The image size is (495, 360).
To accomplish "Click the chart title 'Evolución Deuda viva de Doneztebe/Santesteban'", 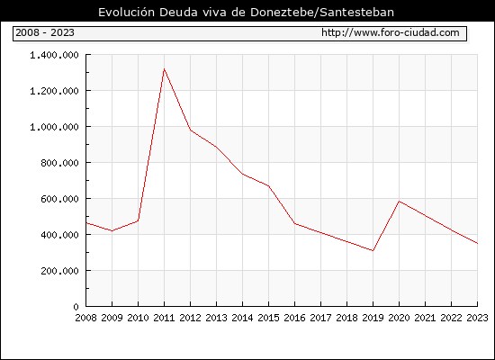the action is pyautogui.click(x=246, y=12).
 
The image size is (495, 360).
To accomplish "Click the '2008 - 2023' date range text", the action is pyautogui.click(x=45, y=32).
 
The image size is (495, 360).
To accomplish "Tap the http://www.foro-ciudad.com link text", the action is pyautogui.click(x=391, y=32).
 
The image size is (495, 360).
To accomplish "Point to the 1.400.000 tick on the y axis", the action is pyautogui.click(x=54, y=55).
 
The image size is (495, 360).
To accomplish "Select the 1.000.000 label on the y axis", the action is pyautogui.click(x=54, y=127).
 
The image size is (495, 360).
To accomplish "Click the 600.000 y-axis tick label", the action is pyautogui.click(x=59, y=199).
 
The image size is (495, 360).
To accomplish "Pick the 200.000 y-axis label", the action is pyautogui.click(x=59, y=271).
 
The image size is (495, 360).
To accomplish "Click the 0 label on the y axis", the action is pyautogui.click(x=76, y=307).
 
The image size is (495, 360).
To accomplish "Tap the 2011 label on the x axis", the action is pyautogui.click(x=164, y=318).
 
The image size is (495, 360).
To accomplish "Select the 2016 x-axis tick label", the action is pyautogui.click(x=294, y=318).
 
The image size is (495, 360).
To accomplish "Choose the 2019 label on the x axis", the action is pyautogui.click(x=373, y=318).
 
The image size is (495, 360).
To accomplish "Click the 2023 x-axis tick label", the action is pyautogui.click(x=477, y=318).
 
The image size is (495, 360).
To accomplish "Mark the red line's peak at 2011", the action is pyautogui.click(x=164, y=68).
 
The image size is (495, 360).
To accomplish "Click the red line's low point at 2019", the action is pyautogui.click(x=373, y=251).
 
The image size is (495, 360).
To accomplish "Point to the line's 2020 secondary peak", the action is pyautogui.click(x=399, y=202).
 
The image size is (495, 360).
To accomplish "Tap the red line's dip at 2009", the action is pyautogui.click(x=112, y=230).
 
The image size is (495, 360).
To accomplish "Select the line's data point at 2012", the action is pyautogui.click(x=191, y=130).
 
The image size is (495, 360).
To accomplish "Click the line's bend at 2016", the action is pyautogui.click(x=294, y=223).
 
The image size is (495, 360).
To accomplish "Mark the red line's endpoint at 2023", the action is pyautogui.click(x=477, y=244).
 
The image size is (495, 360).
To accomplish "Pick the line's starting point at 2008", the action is pyautogui.click(x=86, y=223).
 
